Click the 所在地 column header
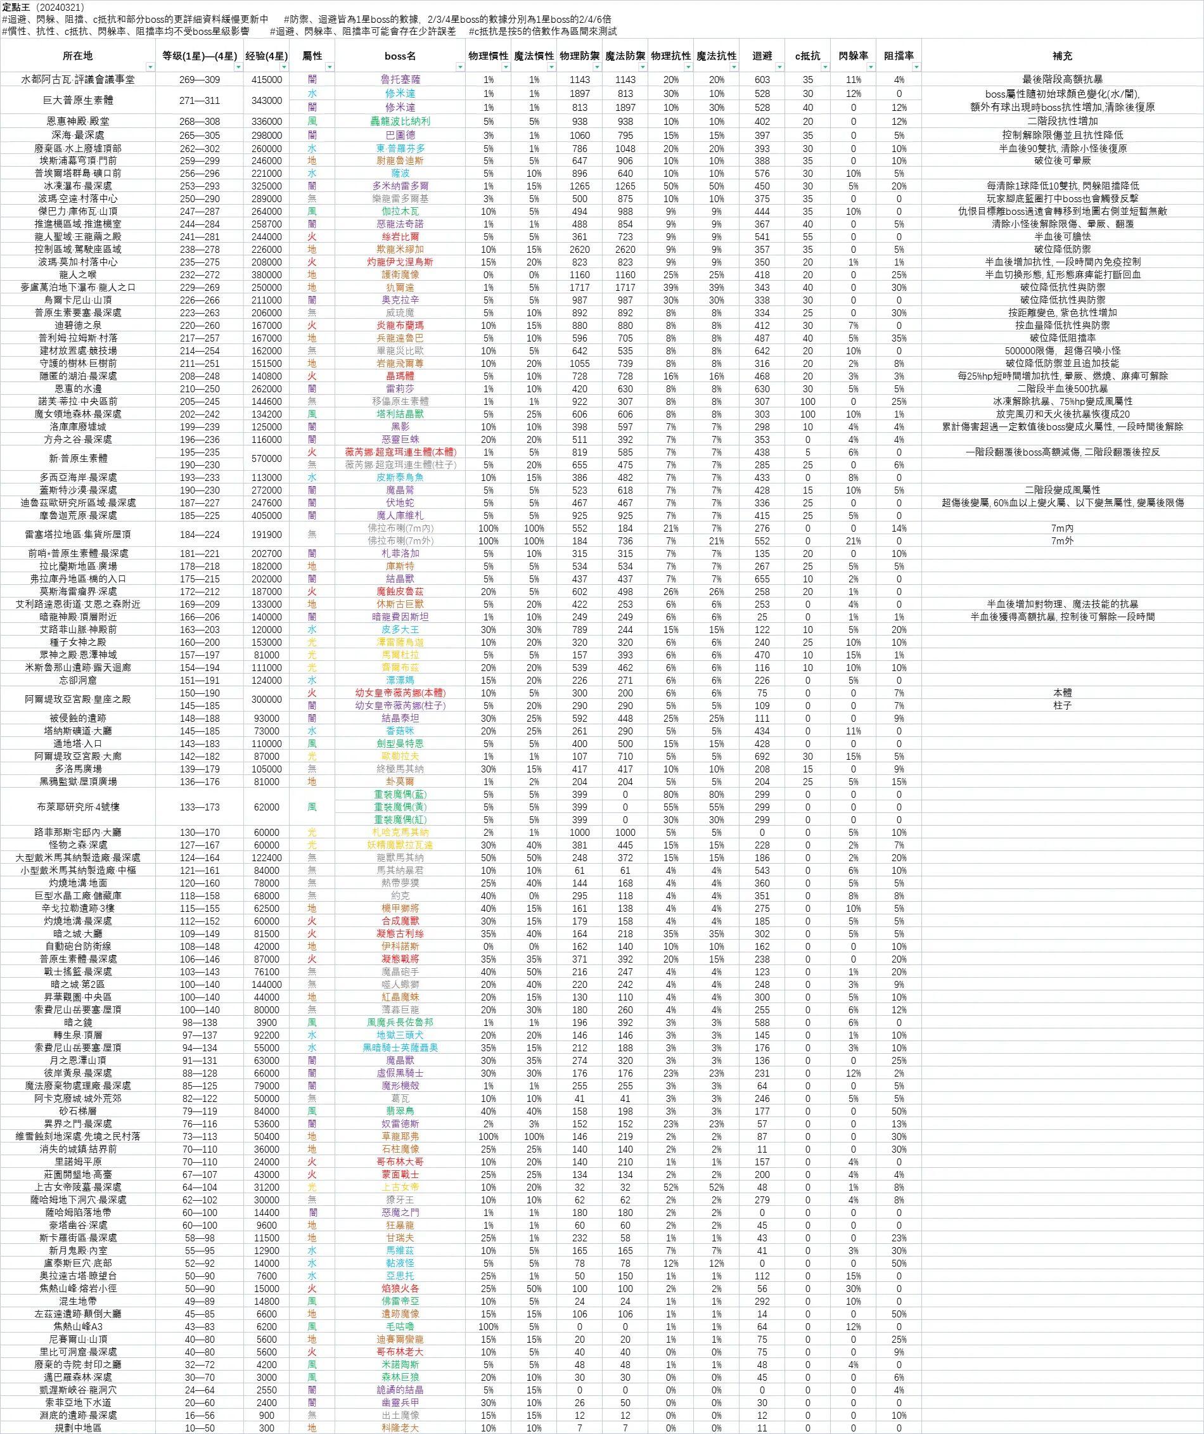[77, 56]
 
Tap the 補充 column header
[1062, 56]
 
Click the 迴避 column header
[762, 56]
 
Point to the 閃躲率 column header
[853, 56]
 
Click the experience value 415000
[266, 80]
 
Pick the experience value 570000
[266, 458]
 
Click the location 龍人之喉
[77, 274]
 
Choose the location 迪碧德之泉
[77, 325]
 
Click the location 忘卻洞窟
[77, 680]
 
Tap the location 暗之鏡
[77, 1022]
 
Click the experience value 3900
[266, 1022]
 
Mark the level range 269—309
[200, 80]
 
